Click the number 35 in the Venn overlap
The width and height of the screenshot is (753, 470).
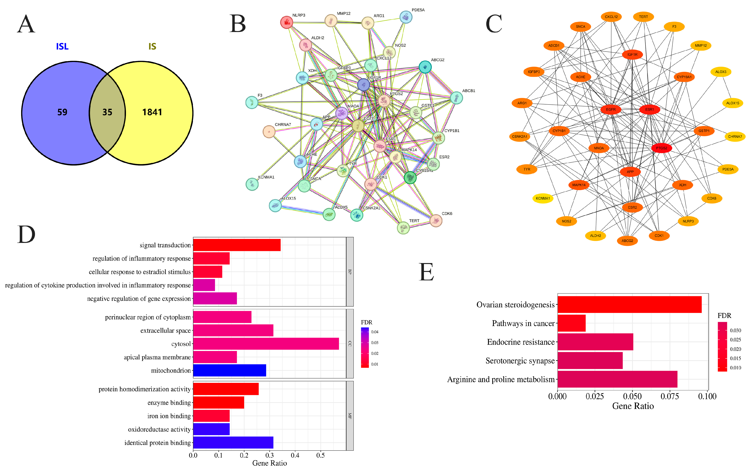(x=107, y=112)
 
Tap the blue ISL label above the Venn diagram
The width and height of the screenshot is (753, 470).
(x=62, y=47)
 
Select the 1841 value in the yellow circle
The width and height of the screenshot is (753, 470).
(x=152, y=112)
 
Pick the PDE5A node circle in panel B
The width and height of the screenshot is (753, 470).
(x=406, y=17)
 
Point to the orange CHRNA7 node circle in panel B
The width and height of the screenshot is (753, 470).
(x=269, y=131)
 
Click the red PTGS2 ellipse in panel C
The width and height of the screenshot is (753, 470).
(x=662, y=148)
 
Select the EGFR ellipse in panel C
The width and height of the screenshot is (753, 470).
(x=611, y=109)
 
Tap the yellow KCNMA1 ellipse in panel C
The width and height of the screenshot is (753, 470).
(x=543, y=198)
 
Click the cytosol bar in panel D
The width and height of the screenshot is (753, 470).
(x=266, y=344)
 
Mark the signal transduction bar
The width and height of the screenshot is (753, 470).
(x=237, y=245)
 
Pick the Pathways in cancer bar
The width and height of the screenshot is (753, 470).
(x=571, y=323)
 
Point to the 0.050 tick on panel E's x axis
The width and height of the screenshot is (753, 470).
(x=632, y=397)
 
